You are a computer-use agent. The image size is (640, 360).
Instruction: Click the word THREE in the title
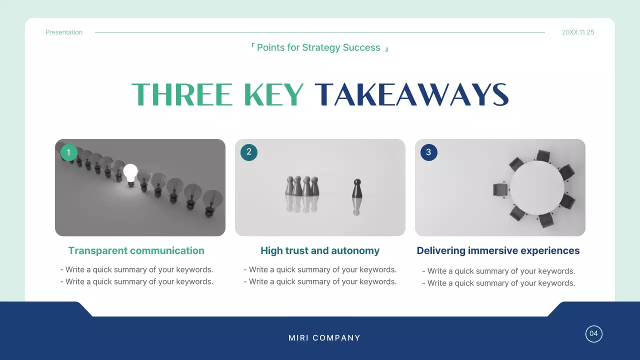tap(182, 94)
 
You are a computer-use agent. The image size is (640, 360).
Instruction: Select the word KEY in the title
tap(274, 94)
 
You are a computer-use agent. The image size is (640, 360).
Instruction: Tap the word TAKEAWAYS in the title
tap(411, 94)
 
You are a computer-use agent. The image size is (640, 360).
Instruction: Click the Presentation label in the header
tap(64, 32)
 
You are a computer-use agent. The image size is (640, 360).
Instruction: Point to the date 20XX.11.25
tap(578, 32)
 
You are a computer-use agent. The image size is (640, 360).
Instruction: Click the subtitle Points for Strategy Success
tap(318, 48)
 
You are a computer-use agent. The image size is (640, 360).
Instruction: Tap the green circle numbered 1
tap(69, 152)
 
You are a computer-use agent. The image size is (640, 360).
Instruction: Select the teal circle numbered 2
tap(249, 152)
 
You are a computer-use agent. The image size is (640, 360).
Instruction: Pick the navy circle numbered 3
tap(429, 152)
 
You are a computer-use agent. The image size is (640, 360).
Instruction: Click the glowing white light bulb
tap(130, 173)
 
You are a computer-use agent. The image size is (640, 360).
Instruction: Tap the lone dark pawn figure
tap(356, 189)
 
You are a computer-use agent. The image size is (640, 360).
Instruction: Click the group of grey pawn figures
tap(302, 186)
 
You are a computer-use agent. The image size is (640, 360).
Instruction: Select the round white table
tap(536, 187)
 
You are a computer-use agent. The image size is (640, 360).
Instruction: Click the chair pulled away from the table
tap(500, 190)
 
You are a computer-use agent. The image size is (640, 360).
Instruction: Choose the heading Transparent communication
tap(136, 251)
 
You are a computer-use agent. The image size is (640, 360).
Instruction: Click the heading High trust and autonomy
tap(320, 251)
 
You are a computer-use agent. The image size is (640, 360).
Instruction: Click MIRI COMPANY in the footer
tap(324, 338)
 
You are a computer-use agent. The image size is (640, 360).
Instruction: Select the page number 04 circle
tap(594, 334)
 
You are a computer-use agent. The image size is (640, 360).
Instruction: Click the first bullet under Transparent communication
tap(137, 270)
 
